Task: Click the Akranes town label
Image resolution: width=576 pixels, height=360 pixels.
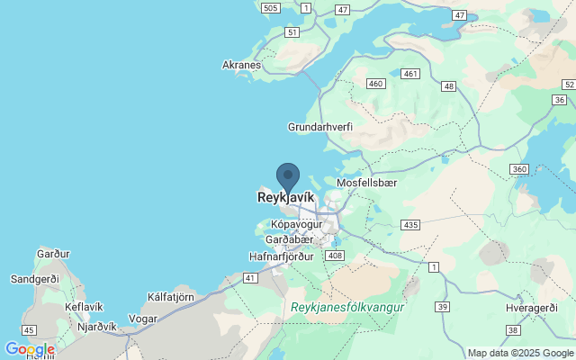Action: point(241,65)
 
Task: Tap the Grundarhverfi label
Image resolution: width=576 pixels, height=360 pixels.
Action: point(319,127)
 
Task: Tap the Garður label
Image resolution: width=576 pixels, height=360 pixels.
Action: point(53,254)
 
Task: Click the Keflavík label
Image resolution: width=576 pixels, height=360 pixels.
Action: point(84,307)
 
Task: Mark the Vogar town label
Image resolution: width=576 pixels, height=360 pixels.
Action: point(143,319)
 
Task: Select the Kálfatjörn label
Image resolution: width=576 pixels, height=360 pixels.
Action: point(171,296)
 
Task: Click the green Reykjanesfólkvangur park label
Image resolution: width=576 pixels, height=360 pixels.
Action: point(347,307)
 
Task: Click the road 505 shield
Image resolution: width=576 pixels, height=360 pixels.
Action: point(271,8)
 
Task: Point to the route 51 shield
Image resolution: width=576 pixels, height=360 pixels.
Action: point(292,32)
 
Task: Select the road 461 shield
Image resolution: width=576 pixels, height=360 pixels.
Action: point(411,73)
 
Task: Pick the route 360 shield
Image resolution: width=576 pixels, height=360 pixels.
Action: point(518,169)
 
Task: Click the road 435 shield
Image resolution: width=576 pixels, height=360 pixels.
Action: point(410,224)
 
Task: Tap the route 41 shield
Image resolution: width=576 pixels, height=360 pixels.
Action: point(249,280)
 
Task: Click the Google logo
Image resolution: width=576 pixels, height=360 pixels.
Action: point(30,349)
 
